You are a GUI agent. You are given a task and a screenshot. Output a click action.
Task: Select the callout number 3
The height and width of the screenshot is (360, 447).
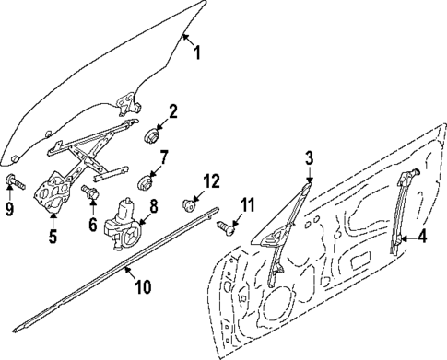[311, 157]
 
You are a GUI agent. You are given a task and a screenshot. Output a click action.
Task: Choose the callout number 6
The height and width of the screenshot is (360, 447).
[92, 224]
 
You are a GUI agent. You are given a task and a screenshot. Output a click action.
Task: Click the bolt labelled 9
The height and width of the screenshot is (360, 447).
[11, 180]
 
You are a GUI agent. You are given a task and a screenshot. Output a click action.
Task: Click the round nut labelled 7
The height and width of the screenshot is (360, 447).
[145, 179]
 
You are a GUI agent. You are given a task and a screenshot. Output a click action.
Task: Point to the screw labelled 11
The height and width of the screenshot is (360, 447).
[226, 226]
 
